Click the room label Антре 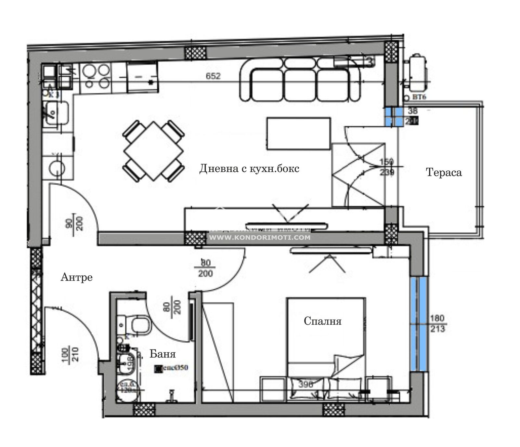pos(77,277)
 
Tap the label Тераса pos(444,172)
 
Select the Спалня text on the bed pos(322,321)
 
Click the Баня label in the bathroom pos(162,354)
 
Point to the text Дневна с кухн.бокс pos(249,169)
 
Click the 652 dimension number pos(213,76)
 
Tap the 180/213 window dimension pos(437,324)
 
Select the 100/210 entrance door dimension pos(70,355)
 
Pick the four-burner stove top pos(95,76)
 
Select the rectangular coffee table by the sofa pos(298,134)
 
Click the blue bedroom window pos(418,324)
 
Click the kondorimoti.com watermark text pos(259,237)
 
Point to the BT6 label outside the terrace pos(419,97)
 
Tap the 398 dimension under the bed pos(305,385)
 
